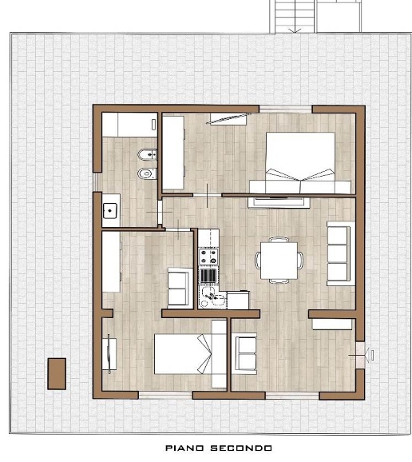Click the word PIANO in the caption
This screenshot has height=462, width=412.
click(184, 448)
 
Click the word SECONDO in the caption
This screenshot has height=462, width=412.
click(241, 448)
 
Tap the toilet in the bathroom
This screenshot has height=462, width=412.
click(147, 173)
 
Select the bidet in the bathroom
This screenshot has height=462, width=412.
click(148, 154)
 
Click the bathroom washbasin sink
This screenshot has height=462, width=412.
click(110, 211)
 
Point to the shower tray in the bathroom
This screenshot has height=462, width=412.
click(129, 125)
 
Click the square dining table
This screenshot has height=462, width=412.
click(279, 261)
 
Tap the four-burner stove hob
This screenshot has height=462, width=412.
click(208, 257)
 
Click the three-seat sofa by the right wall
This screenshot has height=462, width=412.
click(341, 253)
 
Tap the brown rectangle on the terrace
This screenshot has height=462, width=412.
click(57, 374)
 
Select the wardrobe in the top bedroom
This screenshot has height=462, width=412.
click(173, 153)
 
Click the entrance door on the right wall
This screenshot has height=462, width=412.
click(361, 355)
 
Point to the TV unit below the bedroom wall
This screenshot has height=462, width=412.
click(279, 202)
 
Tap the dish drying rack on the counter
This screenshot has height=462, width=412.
click(208, 276)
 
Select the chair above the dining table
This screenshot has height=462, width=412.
click(279, 240)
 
